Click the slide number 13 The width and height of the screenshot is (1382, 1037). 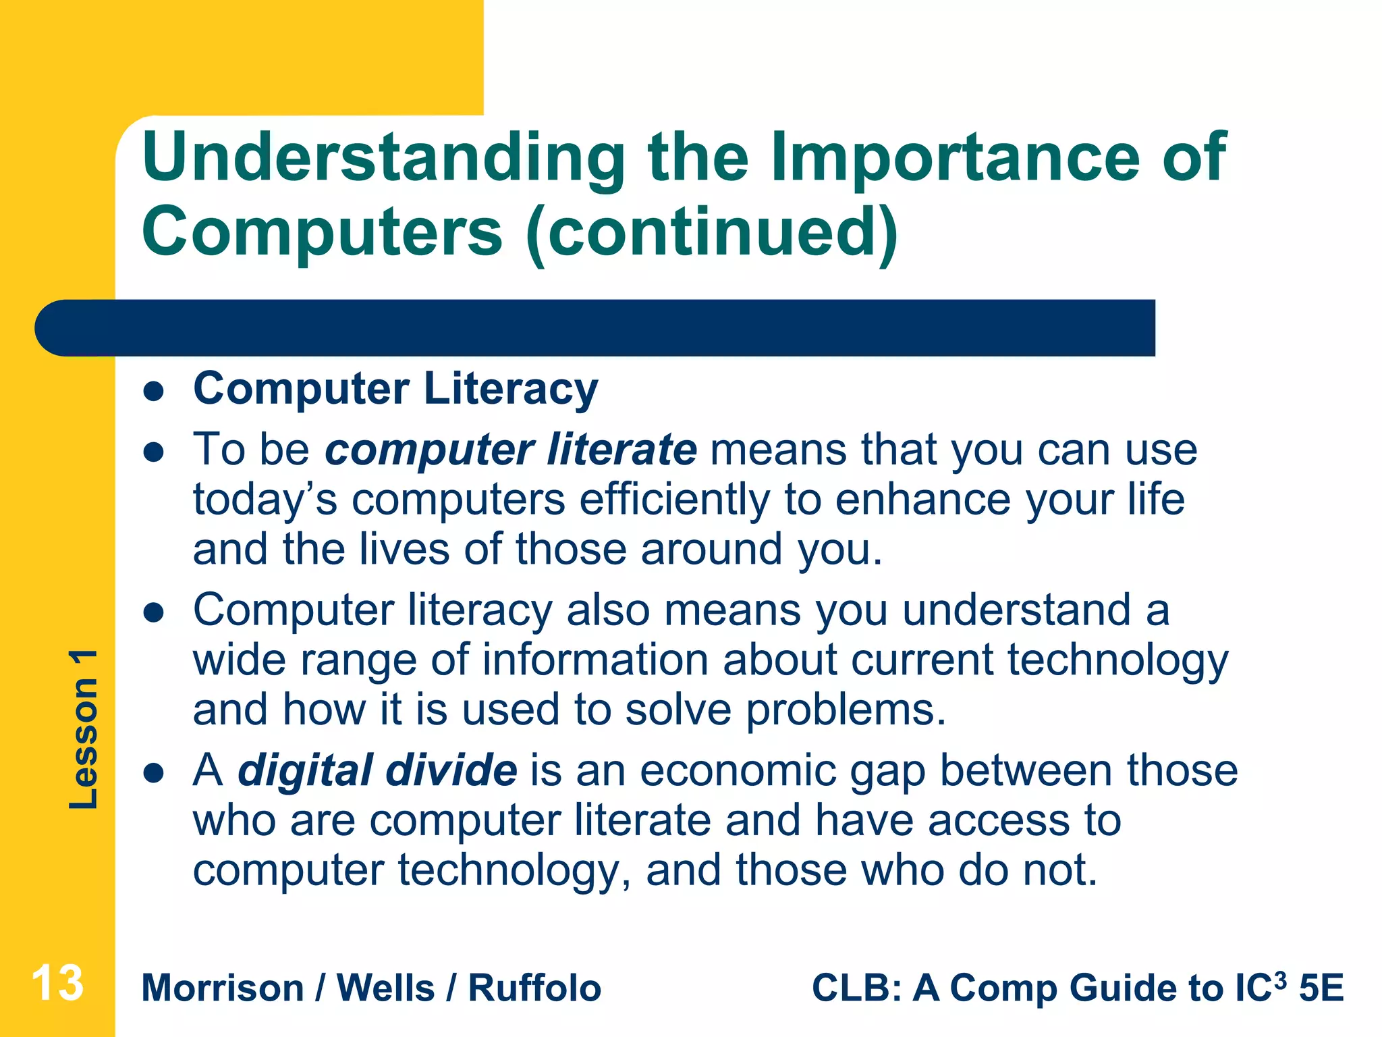tap(58, 983)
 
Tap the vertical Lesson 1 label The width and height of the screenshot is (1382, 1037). tap(84, 729)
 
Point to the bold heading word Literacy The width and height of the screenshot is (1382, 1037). tap(511, 390)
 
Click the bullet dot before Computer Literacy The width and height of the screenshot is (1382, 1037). tap(155, 392)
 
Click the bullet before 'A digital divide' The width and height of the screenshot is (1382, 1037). tap(155, 773)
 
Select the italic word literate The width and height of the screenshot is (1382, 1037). tap(622, 450)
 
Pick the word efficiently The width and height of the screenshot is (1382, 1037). tap(674, 500)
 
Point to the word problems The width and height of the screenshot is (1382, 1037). tap(846, 711)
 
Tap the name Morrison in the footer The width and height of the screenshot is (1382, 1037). tap(223, 988)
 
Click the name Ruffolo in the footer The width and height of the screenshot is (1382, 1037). tap(534, 988)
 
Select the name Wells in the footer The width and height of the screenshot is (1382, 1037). tap(385, 988)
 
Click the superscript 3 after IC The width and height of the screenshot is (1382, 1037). tap(1281, 979)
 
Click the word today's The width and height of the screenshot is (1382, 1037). tap(265, 500)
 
